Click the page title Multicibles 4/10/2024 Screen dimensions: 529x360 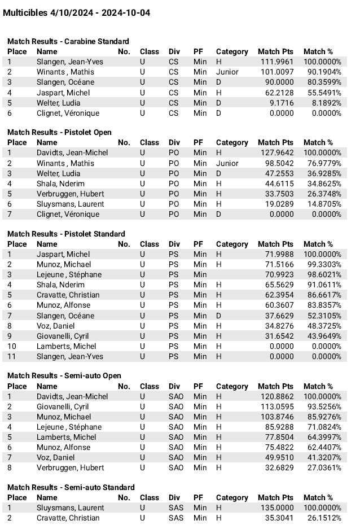coord(77,12)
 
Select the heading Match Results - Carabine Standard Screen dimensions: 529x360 coord(68,41)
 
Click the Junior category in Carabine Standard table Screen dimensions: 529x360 coord(227,72)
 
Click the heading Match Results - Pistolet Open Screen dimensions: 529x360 coord(59,132)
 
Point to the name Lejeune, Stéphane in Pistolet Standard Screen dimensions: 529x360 coord(69,274)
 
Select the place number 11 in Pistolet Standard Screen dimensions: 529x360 coord(11,356)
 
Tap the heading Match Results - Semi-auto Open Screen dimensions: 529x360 coord(64,375)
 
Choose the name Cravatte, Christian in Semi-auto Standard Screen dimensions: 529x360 coord(68,518)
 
